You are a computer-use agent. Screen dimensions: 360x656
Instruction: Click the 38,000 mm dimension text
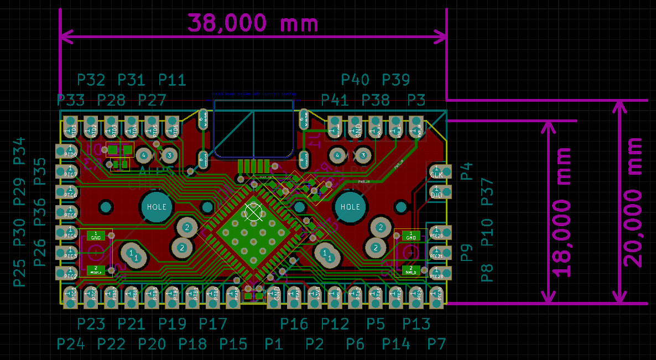253,23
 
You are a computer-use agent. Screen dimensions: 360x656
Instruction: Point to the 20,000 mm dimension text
633,202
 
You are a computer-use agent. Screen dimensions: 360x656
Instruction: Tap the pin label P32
91,80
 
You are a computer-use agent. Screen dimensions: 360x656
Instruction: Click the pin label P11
172,80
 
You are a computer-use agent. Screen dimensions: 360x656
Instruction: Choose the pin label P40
355,80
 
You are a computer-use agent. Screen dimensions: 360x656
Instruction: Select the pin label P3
416,101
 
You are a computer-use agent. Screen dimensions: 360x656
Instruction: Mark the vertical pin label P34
19,150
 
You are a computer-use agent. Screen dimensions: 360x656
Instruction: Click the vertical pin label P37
487,191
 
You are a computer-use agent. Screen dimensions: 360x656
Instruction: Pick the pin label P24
71,344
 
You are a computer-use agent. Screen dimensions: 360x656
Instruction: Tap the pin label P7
436,344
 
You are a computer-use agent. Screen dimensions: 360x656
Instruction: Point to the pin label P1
273,344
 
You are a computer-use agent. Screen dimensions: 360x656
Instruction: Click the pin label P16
294,324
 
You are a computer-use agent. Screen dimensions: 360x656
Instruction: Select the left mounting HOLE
157,207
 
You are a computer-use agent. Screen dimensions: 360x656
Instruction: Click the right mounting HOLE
350,207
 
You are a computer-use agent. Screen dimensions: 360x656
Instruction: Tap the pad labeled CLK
436,174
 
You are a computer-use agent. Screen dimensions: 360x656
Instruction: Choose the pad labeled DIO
436,194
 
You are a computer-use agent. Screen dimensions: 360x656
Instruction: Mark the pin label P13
416,324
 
